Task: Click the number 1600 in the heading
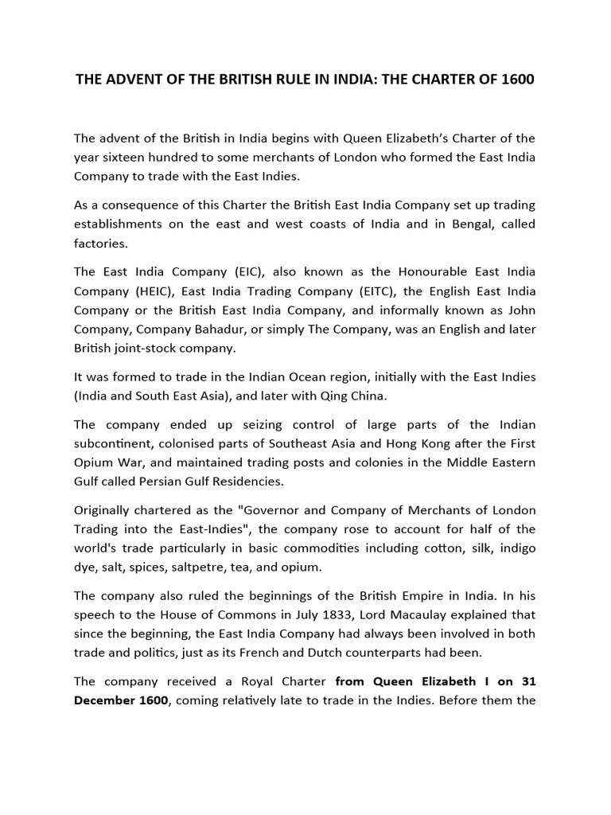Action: [518, 80]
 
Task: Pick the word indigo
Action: [516, 549]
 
